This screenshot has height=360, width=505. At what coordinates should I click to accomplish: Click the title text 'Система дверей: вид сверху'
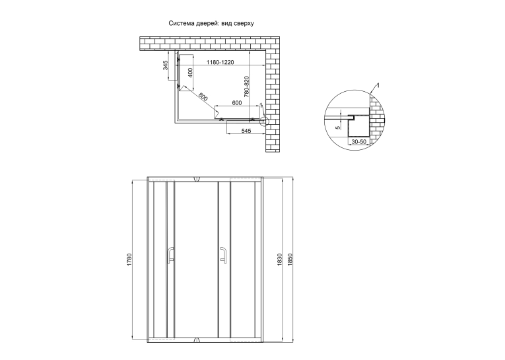[x=211, y=24]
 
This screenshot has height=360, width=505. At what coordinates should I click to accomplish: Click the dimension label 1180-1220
[x=220, y=62]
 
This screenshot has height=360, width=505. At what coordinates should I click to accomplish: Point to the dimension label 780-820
[x=246, y=87]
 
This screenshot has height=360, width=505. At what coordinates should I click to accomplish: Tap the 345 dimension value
[x=166, y=65]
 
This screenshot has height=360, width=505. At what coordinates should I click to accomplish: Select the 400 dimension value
[x=190, y=73]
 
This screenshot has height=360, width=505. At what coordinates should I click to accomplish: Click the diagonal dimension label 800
[x=203, y=96]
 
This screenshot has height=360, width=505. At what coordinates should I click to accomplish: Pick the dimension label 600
[x=237, y=103]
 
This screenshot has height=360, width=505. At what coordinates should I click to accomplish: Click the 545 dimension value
[x=246, y=131]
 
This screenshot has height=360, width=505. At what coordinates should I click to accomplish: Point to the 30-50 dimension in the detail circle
[x=358, y=142]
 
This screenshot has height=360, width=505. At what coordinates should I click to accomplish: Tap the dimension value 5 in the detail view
[x=338, y=127]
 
